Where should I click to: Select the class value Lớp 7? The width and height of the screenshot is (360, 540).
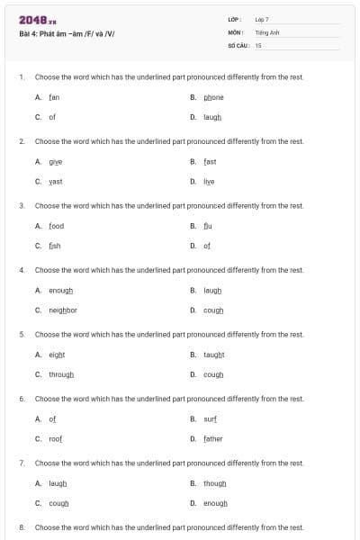coord(262,19)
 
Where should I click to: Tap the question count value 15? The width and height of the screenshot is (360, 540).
coord(258,44)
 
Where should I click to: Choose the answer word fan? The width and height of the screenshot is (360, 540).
coord(54,97)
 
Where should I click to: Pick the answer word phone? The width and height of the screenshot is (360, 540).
coord(213,97)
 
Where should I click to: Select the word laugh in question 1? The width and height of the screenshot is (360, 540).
coord(212,117)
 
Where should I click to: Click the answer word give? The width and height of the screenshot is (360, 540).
coord(55,161)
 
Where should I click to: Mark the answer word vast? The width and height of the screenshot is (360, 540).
coord(55,181)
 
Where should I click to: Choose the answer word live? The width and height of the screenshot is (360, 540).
coord(209,181)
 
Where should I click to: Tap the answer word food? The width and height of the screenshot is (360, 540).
coord(56,226)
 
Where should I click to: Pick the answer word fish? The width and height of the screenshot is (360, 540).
coord(55,246)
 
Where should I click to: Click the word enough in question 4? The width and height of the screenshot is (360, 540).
coord(60,290)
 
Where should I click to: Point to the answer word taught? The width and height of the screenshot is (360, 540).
coord(213,355)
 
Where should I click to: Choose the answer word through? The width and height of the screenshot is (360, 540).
coord(61,374)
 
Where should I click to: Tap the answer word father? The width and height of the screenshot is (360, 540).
coord(212,438)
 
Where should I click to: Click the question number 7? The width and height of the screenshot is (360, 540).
coord(22,463)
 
